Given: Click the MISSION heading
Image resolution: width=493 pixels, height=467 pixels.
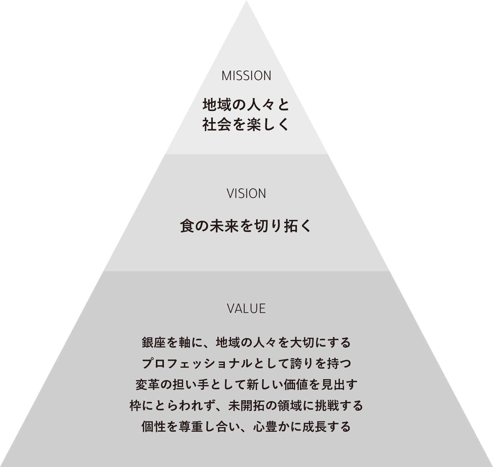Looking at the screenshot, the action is coord(246,76).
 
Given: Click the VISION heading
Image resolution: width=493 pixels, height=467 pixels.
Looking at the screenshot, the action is coord(246,194).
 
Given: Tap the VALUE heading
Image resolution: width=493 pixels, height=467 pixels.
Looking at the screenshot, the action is coord(246,309).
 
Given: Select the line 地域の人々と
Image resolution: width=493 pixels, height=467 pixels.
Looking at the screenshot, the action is coord(246,105).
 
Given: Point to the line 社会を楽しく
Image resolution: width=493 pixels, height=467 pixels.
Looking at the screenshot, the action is coord(246,125).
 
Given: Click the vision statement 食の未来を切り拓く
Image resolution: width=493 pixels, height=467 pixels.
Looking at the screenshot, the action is coord(246,226).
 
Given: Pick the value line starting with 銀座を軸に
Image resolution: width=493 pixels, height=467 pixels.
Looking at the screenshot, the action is coord(246,343).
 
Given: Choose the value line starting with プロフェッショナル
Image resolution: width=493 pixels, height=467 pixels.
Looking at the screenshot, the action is coord(246,363).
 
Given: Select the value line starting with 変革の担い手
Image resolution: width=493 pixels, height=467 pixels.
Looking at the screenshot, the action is coord(246,384).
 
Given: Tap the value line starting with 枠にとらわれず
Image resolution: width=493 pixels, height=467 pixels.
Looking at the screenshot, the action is coord(246,405).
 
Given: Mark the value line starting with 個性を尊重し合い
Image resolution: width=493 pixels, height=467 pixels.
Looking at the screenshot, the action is coord(246,427).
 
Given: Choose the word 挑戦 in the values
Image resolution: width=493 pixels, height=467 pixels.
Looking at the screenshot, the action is coord(326,405).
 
